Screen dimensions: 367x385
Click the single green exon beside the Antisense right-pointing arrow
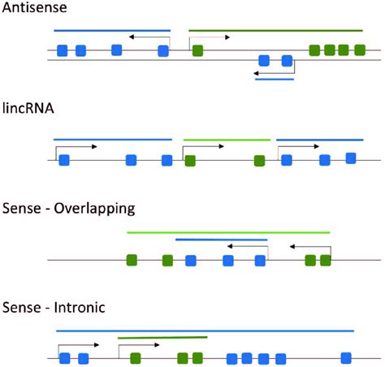[x=197, y=51]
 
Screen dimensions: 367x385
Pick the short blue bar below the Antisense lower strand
[x=274, y=79]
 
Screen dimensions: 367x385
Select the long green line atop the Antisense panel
[x=276, y=31]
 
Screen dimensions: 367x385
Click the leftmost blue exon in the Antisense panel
[x=63, y=51]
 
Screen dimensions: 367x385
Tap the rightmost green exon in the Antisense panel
[x=358, y=50]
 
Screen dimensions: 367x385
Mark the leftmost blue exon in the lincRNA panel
[x=63, y=160]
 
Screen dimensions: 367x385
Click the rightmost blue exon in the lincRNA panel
[x=350, y=158]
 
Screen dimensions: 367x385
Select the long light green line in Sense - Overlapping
[x=227, y=232]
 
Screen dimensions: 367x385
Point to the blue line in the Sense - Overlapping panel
[x=221, y=240]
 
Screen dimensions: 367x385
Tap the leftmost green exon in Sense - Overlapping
[x=132, y=261]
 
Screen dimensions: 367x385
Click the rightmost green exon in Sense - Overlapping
[x=325, y=261]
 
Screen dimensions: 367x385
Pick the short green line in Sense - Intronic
[x=162, y=338]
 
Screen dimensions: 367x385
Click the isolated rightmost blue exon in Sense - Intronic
[x=346, y=358]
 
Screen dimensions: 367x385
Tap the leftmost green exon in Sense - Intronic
[x=136, y=358]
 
